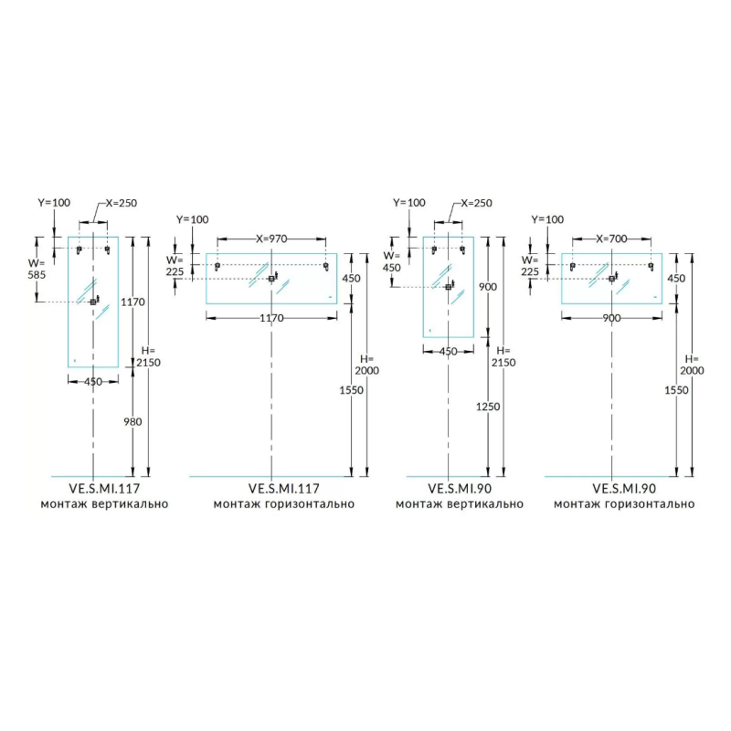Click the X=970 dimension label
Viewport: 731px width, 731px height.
pos(271,238)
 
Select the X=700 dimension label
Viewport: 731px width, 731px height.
pos(611,238)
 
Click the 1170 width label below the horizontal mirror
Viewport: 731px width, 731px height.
pos(271,318)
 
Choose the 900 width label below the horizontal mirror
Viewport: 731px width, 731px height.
pos(611,318)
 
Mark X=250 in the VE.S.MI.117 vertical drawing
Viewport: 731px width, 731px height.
pos(121,203)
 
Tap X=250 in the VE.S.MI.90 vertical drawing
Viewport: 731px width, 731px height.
pos(475,203)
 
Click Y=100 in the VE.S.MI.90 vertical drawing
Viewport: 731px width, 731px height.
pos(408,203)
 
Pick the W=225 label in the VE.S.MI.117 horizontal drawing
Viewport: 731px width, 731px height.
pos(175,265)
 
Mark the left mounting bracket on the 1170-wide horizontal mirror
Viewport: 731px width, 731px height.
pos(217,266)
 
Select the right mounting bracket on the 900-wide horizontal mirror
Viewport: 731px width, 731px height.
pos(651,266)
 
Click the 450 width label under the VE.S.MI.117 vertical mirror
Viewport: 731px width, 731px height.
pos(93,382)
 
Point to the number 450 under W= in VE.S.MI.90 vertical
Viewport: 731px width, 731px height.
pos(392,268)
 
